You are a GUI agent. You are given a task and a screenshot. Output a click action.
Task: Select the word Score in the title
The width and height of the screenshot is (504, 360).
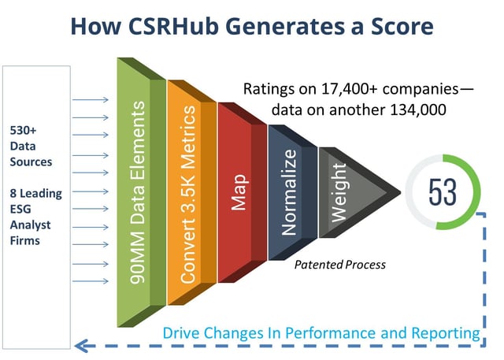click(x=396, y=27)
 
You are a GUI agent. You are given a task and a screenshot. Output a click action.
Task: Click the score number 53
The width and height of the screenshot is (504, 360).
click(x=442, y=191)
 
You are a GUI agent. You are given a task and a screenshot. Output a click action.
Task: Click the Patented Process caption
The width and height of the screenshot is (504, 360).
click(x=339, y=264)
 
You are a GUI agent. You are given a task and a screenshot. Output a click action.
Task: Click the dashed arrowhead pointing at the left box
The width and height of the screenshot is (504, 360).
click(x=79, y=345)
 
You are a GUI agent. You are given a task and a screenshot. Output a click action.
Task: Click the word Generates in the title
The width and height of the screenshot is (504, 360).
click(x=298, y=27)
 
